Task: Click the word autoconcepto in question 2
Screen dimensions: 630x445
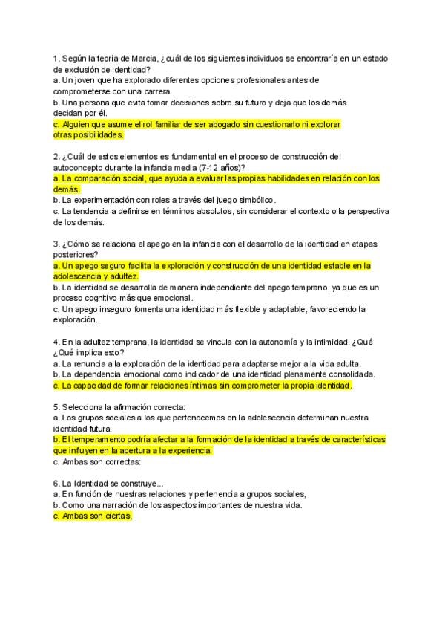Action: coord(79,167)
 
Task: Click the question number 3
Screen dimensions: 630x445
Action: coord(56,244)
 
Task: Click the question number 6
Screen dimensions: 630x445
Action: coord(56,484)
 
